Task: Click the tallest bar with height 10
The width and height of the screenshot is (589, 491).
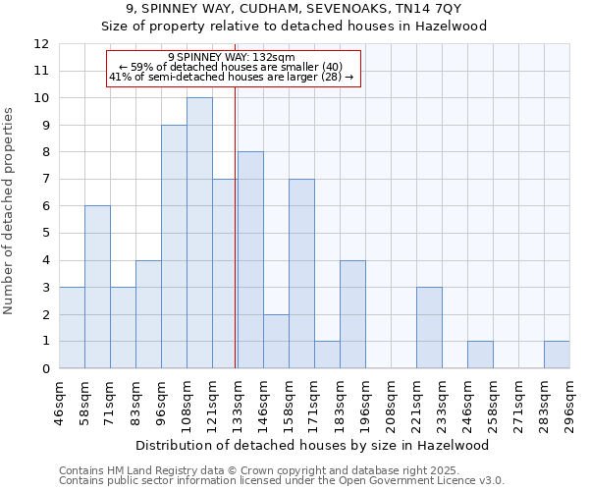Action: point(199,233)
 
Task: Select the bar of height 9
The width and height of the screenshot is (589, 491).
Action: point(174,246)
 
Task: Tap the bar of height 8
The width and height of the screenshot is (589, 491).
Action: point(250,260)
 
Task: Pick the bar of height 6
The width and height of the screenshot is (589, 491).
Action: point(97,287)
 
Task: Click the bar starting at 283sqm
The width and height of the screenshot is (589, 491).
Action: point(557,355)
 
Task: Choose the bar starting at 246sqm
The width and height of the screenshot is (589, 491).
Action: point(480,355)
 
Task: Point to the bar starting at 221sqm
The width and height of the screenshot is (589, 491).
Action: point(429,328)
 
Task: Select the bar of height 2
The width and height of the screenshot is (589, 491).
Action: point(276,341)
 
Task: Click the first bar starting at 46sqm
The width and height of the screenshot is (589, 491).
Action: point(72,328)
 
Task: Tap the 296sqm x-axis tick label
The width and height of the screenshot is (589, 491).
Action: point(570,404)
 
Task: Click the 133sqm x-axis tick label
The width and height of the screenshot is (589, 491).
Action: point(239,404)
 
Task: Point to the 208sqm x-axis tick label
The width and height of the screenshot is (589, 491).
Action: point(392,404)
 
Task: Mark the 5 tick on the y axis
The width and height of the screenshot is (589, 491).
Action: point(45,234)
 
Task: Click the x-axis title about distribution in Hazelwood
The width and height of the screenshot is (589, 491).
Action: point(314,445)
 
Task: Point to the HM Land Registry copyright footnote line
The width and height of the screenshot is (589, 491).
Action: point(281,470)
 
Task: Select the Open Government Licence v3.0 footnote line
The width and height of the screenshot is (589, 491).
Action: point(281,481)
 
